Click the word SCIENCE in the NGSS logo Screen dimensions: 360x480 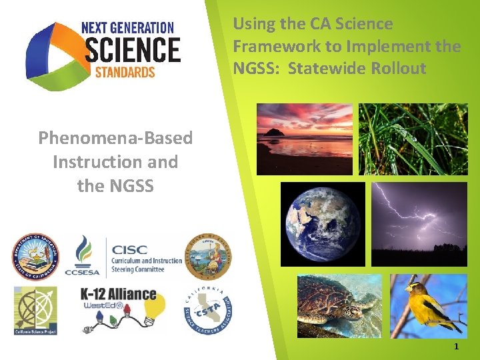point(133,51)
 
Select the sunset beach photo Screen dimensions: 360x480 point(304,139)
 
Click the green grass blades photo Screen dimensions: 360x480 point(413,139)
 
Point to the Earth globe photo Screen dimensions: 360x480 point(323,224)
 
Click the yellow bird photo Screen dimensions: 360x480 point(429,306)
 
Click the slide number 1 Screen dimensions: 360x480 point(456,347)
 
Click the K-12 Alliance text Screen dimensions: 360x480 point(118,294)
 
